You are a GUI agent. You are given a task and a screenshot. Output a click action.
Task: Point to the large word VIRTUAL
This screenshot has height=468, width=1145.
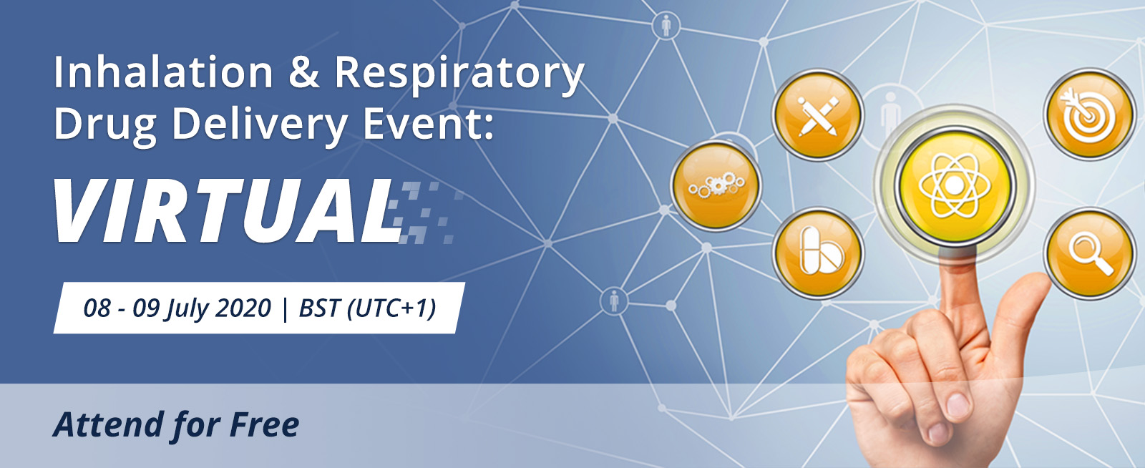(x=228, y=210)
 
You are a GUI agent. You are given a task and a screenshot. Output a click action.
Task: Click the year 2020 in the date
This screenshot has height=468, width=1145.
(x=243, y=308)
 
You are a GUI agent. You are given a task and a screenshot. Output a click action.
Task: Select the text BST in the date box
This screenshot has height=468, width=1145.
(x=319, y=308)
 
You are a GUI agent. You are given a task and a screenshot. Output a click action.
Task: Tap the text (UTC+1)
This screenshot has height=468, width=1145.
(x=391, y=308)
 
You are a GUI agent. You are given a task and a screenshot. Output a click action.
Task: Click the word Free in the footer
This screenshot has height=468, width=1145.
(x=265, y=424)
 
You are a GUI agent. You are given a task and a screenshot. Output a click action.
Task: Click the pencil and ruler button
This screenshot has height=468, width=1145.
(x=818, y=115)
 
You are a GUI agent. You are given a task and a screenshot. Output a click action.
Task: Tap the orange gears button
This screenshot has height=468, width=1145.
(x=716, y=185)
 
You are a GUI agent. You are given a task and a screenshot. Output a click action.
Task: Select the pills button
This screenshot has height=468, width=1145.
(x=818, y=253)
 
